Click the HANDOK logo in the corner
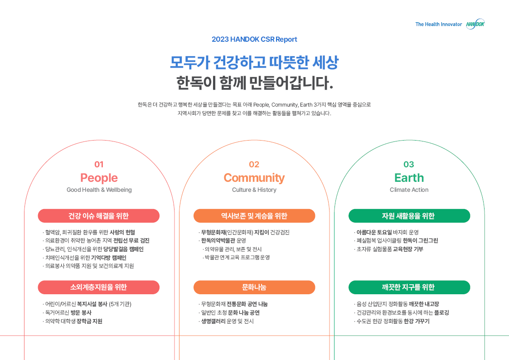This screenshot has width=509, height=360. (475, 24)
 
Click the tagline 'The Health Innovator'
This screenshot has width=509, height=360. (439, 24)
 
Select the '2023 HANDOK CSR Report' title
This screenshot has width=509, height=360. (254, 39)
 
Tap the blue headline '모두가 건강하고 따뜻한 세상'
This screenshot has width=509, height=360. (254, 62)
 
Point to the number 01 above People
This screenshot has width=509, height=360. (99, 165)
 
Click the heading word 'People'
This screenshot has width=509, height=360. (99, 178)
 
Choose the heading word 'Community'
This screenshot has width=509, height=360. (254, 178)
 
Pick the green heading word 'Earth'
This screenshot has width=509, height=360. (409, 178)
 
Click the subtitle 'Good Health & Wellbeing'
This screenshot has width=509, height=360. (99, 190)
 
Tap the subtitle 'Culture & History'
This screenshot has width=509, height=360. (254, 190)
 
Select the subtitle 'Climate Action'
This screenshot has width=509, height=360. (409, 190)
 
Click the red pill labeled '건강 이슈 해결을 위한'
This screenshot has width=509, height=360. (99, 216)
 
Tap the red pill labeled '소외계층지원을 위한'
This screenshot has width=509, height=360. (99, 287)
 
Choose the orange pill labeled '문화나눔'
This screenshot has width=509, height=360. (254, 287)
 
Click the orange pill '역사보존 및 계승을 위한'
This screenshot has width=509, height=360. (254, 216)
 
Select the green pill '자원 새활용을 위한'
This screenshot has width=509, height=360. (409, 216)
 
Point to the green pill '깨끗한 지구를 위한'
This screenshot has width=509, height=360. (409, 287)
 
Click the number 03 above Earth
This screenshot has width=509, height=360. (409, 165)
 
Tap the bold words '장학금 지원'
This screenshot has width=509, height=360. (89, 321)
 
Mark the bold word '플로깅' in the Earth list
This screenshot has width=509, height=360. (441, 313)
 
